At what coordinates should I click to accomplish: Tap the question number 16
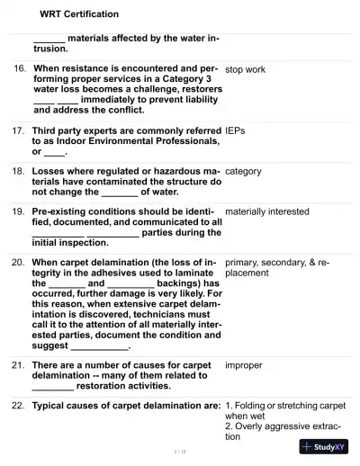(20, 68)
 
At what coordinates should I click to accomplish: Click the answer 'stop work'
(245, 68)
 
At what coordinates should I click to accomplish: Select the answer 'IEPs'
(235, 130)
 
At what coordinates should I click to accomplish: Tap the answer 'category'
(243, 171)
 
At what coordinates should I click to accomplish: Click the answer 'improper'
(244, 365)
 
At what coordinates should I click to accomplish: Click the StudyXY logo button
(324, 446)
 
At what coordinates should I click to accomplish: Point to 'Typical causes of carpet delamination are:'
(126, 406)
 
